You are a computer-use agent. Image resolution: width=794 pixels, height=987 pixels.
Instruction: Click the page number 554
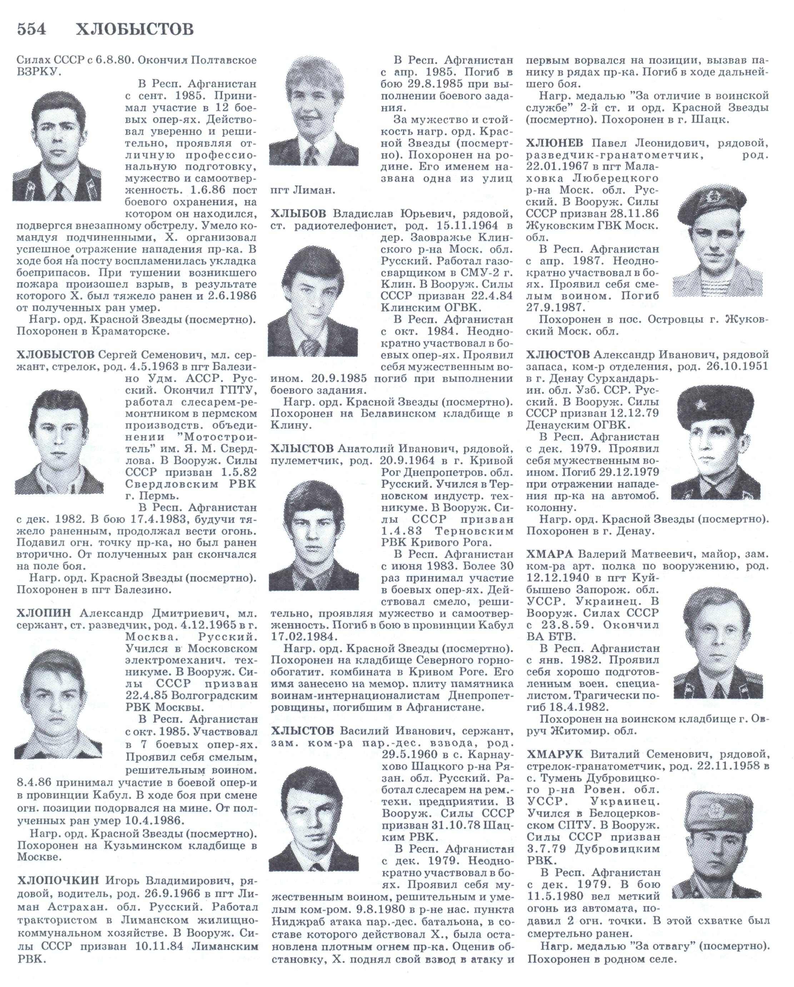(31, 29)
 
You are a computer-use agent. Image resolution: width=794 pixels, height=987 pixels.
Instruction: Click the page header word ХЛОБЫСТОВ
(134, 29)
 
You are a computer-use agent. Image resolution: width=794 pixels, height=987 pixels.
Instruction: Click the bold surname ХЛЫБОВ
(298, 214)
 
